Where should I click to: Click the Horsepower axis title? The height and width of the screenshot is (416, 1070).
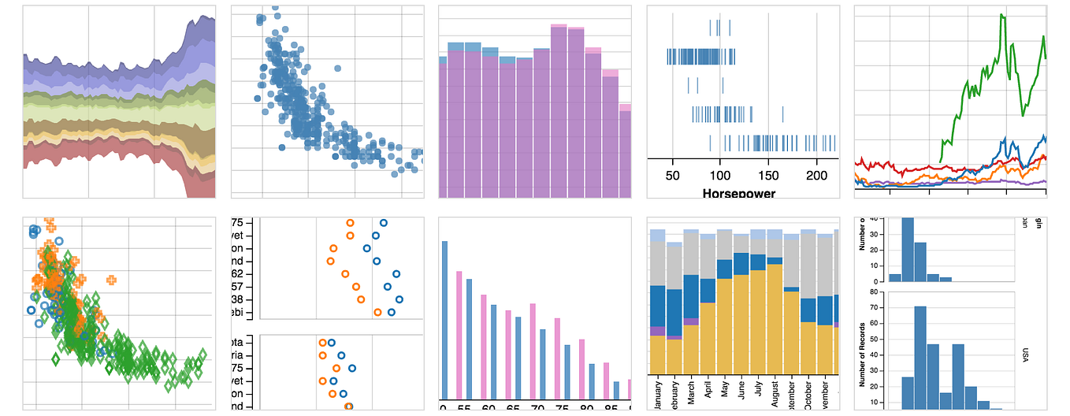pyautogui.click(x=738, y=193)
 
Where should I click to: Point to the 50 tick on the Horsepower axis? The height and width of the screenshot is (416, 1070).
pyautogui.click(x=673, y=175)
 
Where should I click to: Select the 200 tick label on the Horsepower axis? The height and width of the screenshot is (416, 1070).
pyautogui.click(x=816, y=175)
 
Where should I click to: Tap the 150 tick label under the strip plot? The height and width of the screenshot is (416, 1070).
pyautogui.click(x=768, y=175)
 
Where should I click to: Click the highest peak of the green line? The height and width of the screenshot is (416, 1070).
pyautogui.click(x=1002, y=16)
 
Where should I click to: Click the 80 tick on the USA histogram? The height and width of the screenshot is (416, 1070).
pyautogui.click(x=875, y=291)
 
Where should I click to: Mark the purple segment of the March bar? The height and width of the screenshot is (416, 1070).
pyautogui.click(x=691, y=321)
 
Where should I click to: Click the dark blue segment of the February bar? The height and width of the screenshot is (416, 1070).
pyautogui.click(x=674, y=311)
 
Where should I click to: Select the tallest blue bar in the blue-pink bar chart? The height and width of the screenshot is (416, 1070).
pyautogui.click(x=444, y=320)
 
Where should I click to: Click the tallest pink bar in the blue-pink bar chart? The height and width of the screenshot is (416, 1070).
pyautogui.click(x=458, y=335)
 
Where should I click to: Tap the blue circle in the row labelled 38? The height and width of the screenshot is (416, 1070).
pyautogui.click(x=399, y=299)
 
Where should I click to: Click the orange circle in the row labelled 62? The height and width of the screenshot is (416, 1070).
pyautogui.click(x=345, y=274)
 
